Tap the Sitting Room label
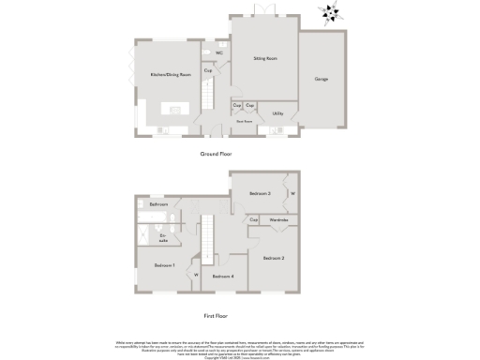click(265, 59)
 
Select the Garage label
click(322, 79)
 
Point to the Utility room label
click(278, 113)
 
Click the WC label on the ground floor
click(218, 52)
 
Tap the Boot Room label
click(245, 121)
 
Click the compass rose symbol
click(329, 12)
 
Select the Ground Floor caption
click(216, 152)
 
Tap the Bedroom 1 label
click(165, 265)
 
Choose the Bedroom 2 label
click(273, 257)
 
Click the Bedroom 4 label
click(221, 277)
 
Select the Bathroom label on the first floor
click(158, 204)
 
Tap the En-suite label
click(163, 238)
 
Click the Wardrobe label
click(279, 219)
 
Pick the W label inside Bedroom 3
click(292, 194)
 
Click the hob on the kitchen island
click(173, 111)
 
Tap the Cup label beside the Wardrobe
click(254, 219)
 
